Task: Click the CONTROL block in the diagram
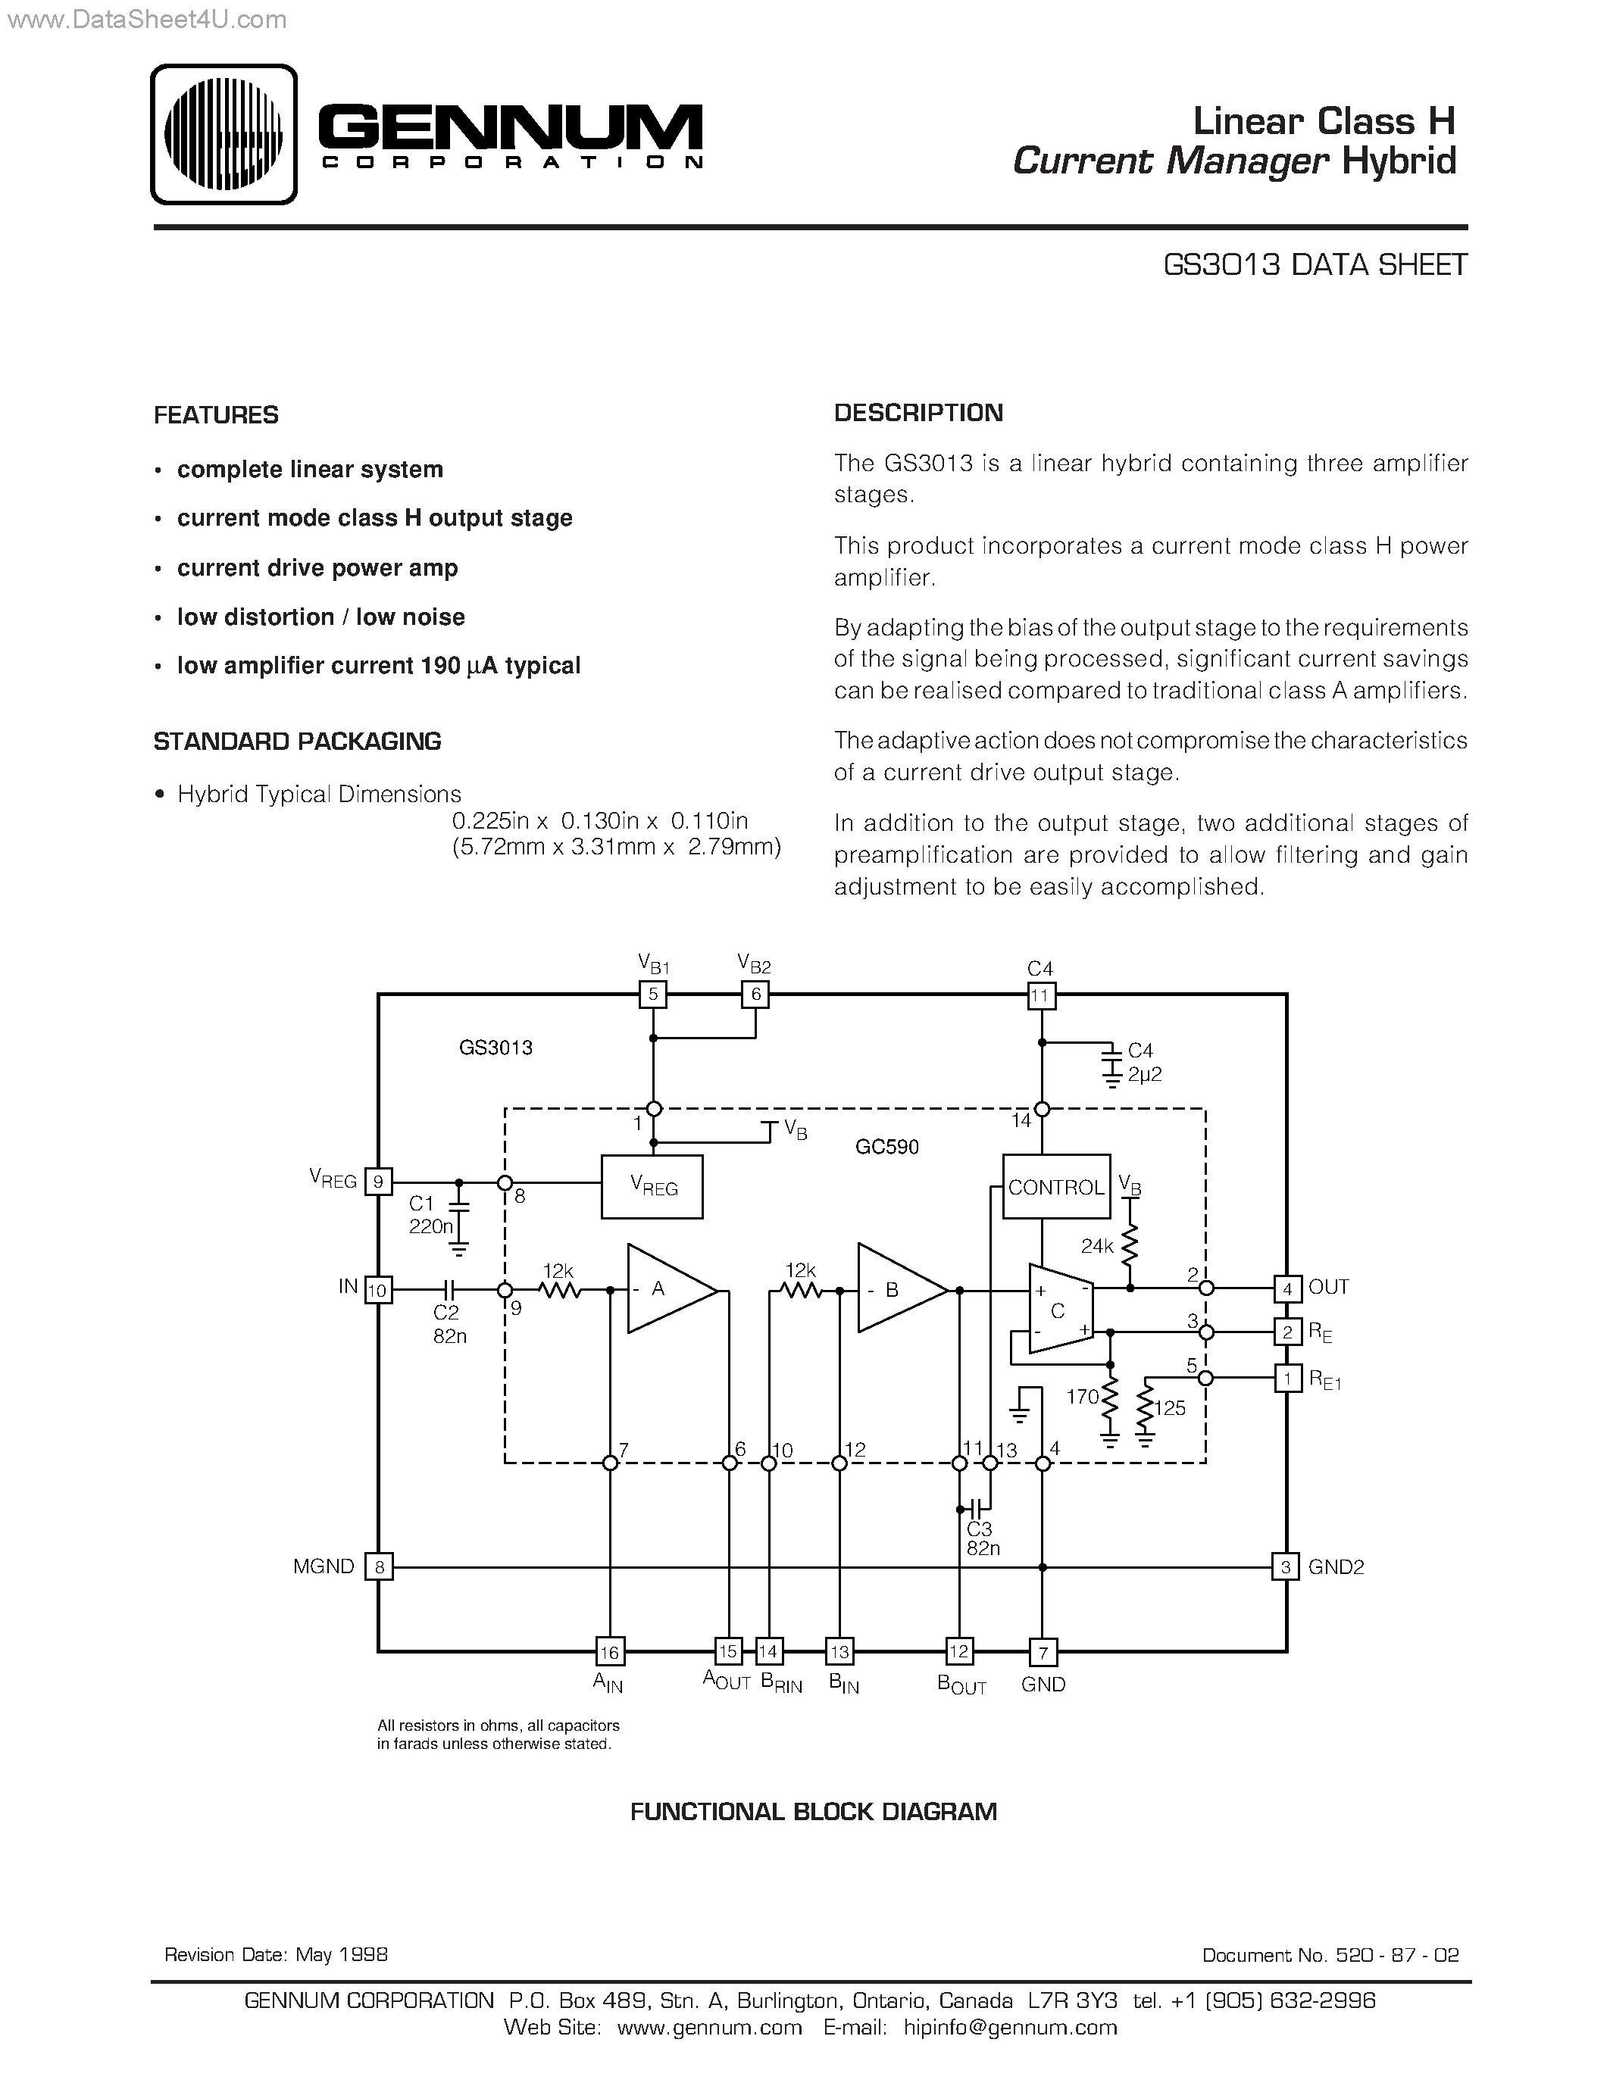(x=1056, y=1186)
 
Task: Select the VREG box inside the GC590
(x=652, y=1186)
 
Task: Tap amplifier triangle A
(x=667, y=1288)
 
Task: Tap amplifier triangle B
(x=899, y=1289)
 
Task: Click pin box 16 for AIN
(x=609, y=1651)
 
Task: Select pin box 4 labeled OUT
(x=1287, y=1288)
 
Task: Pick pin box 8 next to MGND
(x=380, y=1567)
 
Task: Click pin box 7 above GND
(x=1043, y=1651)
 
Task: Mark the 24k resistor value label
(x=1097, y=1245)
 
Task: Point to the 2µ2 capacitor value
(x=1145, y=1074)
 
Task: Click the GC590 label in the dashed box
(x=887, y=1147)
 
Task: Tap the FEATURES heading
(x=217, y=415)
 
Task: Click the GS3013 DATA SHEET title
(x=1315, y=265)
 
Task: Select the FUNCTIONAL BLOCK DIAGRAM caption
(x=814, y=1811)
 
